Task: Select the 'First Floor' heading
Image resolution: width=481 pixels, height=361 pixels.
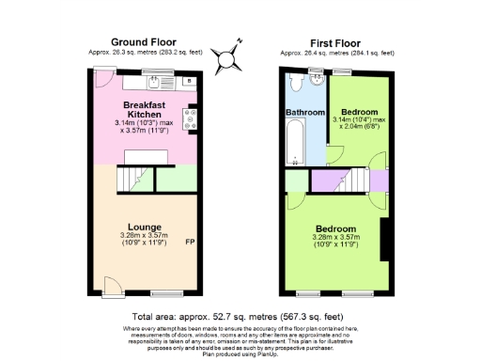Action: point(336,42)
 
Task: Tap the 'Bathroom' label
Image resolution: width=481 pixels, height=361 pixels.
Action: point(304,114)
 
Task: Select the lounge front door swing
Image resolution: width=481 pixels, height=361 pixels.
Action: point(110,285)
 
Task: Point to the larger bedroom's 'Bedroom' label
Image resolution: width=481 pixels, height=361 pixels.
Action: point(336,227)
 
